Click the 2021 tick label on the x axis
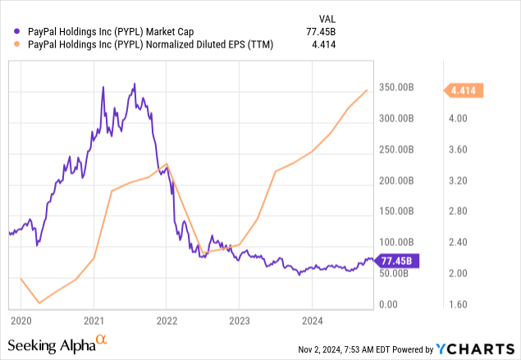94,319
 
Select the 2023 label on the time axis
239,319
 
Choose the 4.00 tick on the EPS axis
457,118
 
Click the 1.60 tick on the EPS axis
457,304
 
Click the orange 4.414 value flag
464,90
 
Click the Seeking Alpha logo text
52,344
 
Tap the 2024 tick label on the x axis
311,319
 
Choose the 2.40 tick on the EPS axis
457,243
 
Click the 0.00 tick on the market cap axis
388,304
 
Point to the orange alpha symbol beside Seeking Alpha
102,339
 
